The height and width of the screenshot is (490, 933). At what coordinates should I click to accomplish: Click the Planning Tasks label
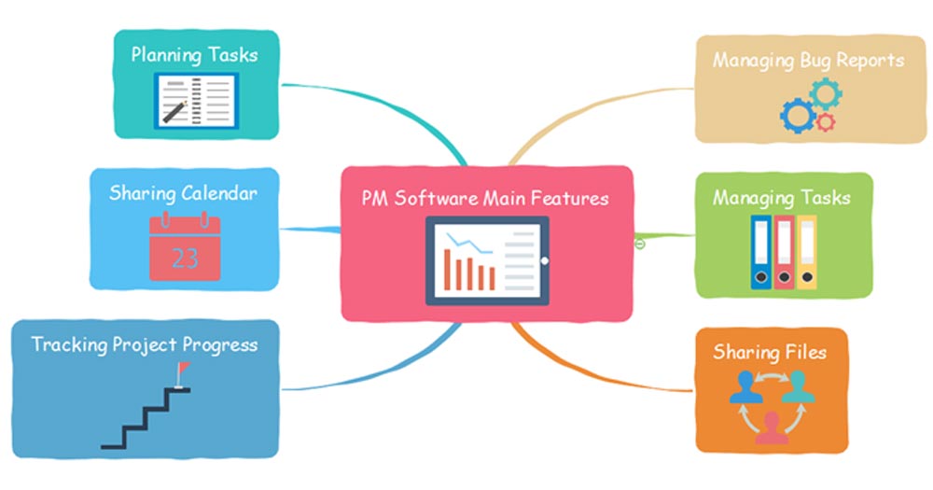194,54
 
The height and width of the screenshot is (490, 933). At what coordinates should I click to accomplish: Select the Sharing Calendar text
183,193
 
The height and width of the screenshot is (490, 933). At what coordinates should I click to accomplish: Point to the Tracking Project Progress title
144,344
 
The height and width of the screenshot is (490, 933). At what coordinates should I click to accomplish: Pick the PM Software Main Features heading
485,198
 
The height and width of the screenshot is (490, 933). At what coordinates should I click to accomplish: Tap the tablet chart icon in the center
487,260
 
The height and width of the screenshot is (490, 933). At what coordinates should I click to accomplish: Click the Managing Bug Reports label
808,61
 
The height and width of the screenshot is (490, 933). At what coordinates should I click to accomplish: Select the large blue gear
797,115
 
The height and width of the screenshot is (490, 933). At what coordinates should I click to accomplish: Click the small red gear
825,122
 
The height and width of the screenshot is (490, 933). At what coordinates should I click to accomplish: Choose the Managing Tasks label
781,198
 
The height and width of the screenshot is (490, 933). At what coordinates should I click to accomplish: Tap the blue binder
761,252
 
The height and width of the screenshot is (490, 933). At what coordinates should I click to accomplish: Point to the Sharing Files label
769,352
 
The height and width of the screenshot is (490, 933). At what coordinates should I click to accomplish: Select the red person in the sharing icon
771,427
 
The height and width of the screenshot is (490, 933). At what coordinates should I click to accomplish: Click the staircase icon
145,415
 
